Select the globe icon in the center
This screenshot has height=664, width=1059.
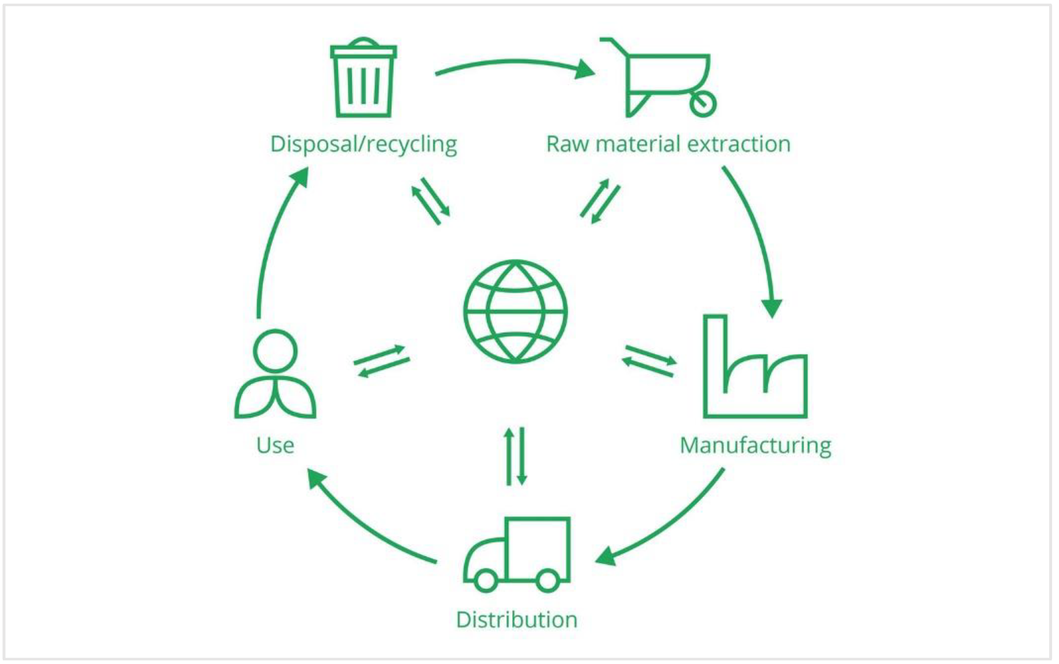pos(515,312)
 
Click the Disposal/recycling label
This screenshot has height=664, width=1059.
pos(364,145)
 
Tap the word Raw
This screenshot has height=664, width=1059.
pos(567,145)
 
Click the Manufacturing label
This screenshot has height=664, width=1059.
pos(755,446)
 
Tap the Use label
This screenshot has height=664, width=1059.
pos(275,446)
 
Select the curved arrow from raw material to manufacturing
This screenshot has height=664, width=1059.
pos(756,233)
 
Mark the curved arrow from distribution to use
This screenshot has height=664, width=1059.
pos(365,523)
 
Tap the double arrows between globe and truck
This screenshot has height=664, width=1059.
pos(515,457)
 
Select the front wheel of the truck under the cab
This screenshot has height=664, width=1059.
pos(486,580)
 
